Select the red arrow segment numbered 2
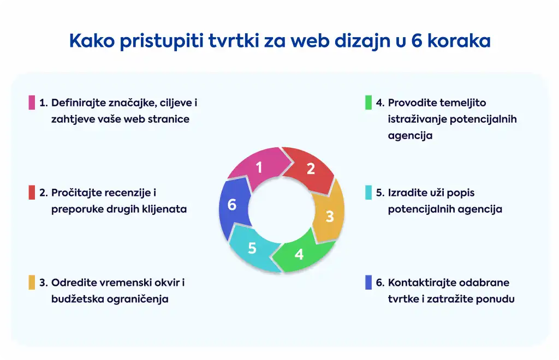(311, 169)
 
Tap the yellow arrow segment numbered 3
(329, 214)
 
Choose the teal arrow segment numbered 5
(252, 249)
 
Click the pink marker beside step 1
(32, 103)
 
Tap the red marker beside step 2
(32, 193)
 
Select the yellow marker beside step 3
(32, 283)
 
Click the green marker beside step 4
(368, 103)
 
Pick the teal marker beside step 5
(368, 193)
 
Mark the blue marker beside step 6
(368, 283)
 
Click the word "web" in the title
(310, 40)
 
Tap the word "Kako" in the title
(92, 40)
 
